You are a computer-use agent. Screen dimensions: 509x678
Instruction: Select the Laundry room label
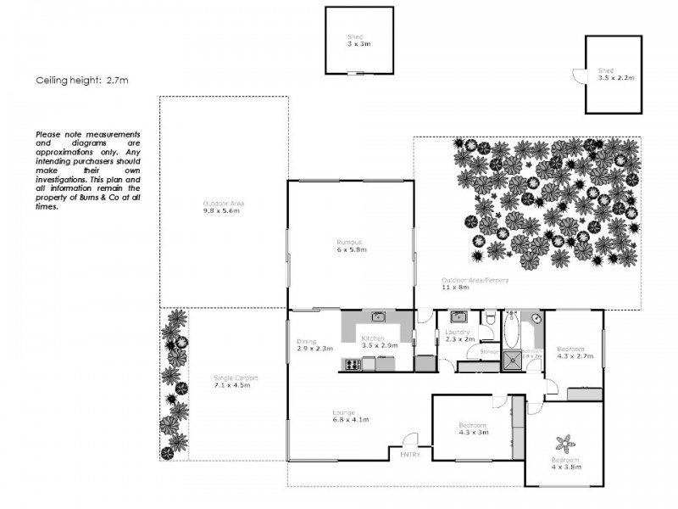tap(457, 336)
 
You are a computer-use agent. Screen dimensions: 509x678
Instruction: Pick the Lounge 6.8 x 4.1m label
tap(349, 417)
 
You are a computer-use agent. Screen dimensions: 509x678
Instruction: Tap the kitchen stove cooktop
tap(352, 365)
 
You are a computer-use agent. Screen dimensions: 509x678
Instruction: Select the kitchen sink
tap(379, 317)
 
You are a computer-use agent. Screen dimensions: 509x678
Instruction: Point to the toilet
tap(489, 317)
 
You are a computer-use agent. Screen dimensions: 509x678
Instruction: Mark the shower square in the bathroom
tap(512, 362)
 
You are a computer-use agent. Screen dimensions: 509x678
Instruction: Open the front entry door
tap(410, 440)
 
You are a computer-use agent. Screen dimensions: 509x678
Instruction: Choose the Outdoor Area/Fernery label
tap(474, 282)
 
